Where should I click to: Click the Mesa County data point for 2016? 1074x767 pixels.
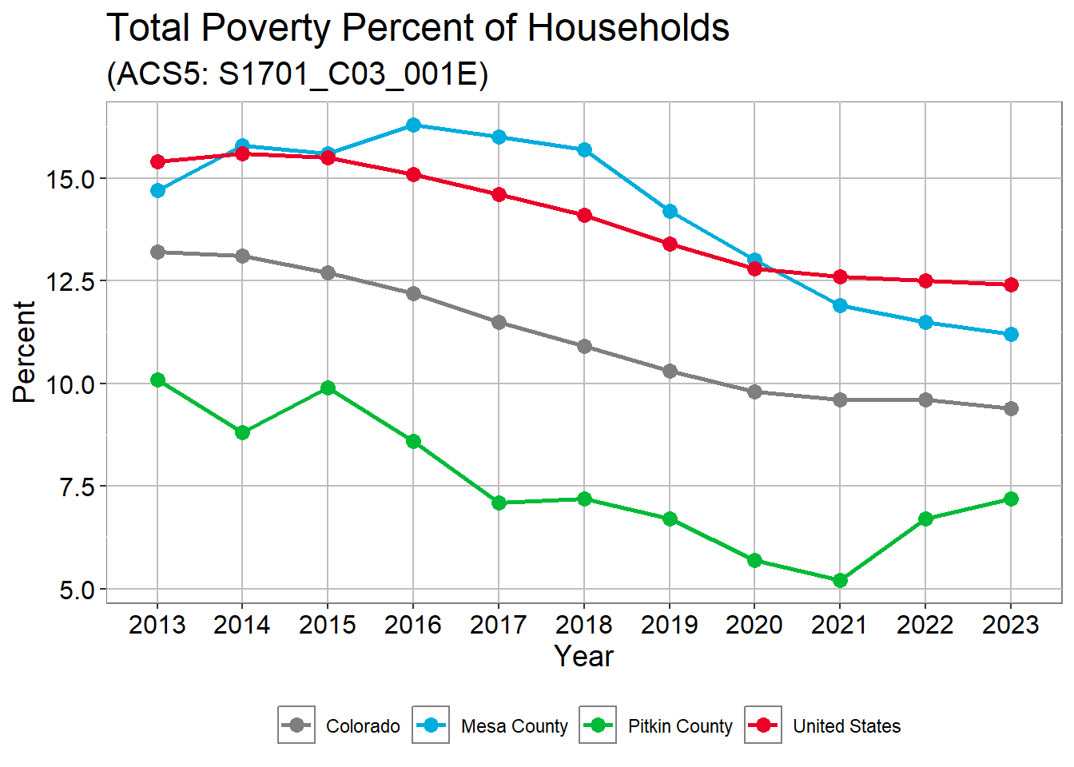[x=413, y=125]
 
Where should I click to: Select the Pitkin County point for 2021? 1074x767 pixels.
[x=840, y=580]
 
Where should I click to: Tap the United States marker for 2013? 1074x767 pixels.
[x=157, y=162]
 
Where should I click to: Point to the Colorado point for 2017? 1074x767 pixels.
[x=499, y=322]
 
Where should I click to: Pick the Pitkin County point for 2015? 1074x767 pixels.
[x=328, y=388]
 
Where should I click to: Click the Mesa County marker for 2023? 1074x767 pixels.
[x=1011, y=334]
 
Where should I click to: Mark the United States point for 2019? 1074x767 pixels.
[x=670, y=244]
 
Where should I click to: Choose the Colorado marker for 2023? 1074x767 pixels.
[x=1011, y=408]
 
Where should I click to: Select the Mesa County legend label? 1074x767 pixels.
[x=514, y=726]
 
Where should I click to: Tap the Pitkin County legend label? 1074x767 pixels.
[x=680, y=726]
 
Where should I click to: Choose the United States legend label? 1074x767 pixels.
[x=846, y=726]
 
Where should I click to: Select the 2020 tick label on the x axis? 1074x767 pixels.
[x=754, y=625]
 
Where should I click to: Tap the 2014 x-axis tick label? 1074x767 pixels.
[x=242, y=625]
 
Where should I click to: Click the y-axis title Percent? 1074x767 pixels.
[x=25, y=352]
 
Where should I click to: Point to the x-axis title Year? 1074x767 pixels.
[x=584, y=657]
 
